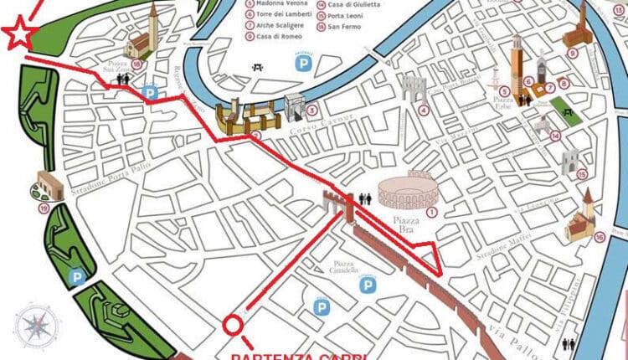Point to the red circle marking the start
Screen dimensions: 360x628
tap(234, 324)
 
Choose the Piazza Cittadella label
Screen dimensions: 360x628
tap(341, 266)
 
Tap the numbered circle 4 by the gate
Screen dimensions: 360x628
tap(424, 110)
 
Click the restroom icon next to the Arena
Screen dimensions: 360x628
tap(364, 198)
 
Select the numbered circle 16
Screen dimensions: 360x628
tap(599, 237)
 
